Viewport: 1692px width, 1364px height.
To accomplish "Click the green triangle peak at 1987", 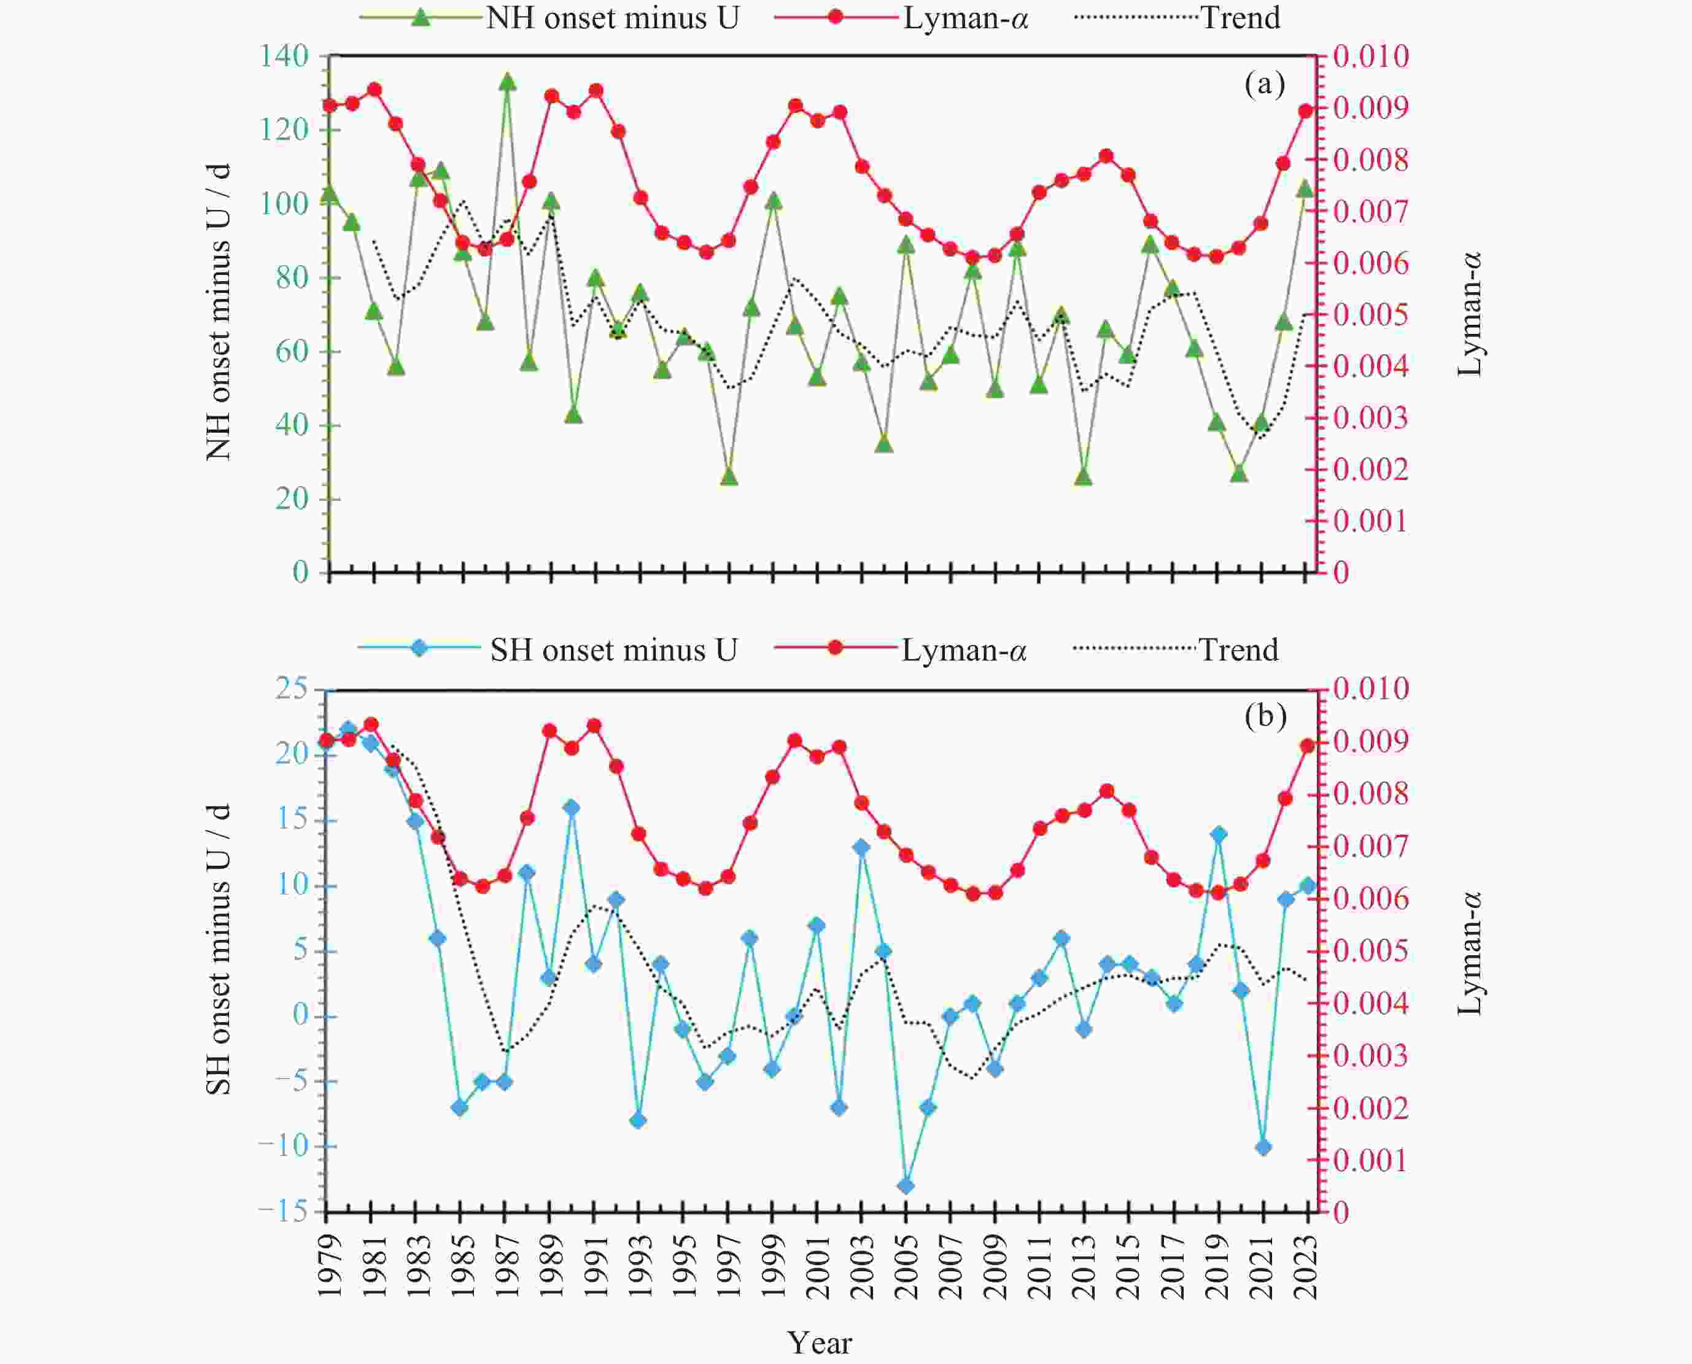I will pyautogui.click(x=507, y=82).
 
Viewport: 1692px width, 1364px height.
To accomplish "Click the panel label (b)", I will pyautogui.click(x=1265, y=716).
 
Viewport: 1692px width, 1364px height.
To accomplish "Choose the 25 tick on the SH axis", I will pyautogui.click(x=292, y=690).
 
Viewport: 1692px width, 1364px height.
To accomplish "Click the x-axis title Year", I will pyautogui.click(x=819, y=1343).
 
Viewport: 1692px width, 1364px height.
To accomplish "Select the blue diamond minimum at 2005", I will pyautogui.click(x=906, y=1185).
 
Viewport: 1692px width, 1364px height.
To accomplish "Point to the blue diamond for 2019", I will pyautogui.click(x=1219, y=834).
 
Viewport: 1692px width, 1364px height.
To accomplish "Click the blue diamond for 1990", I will pyautogui.click(x=572, y=808).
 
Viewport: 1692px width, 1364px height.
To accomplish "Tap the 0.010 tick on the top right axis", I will pyautogui.click(x=1370, y=56).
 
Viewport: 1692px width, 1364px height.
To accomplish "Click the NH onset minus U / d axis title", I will pyautogui.click(x=219, y=312).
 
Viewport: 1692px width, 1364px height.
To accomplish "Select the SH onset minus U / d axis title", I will pyautogui.click(x=219, y=948).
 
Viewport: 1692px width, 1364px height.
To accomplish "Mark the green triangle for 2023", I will pyautogui.click(x=1305, y=189).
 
